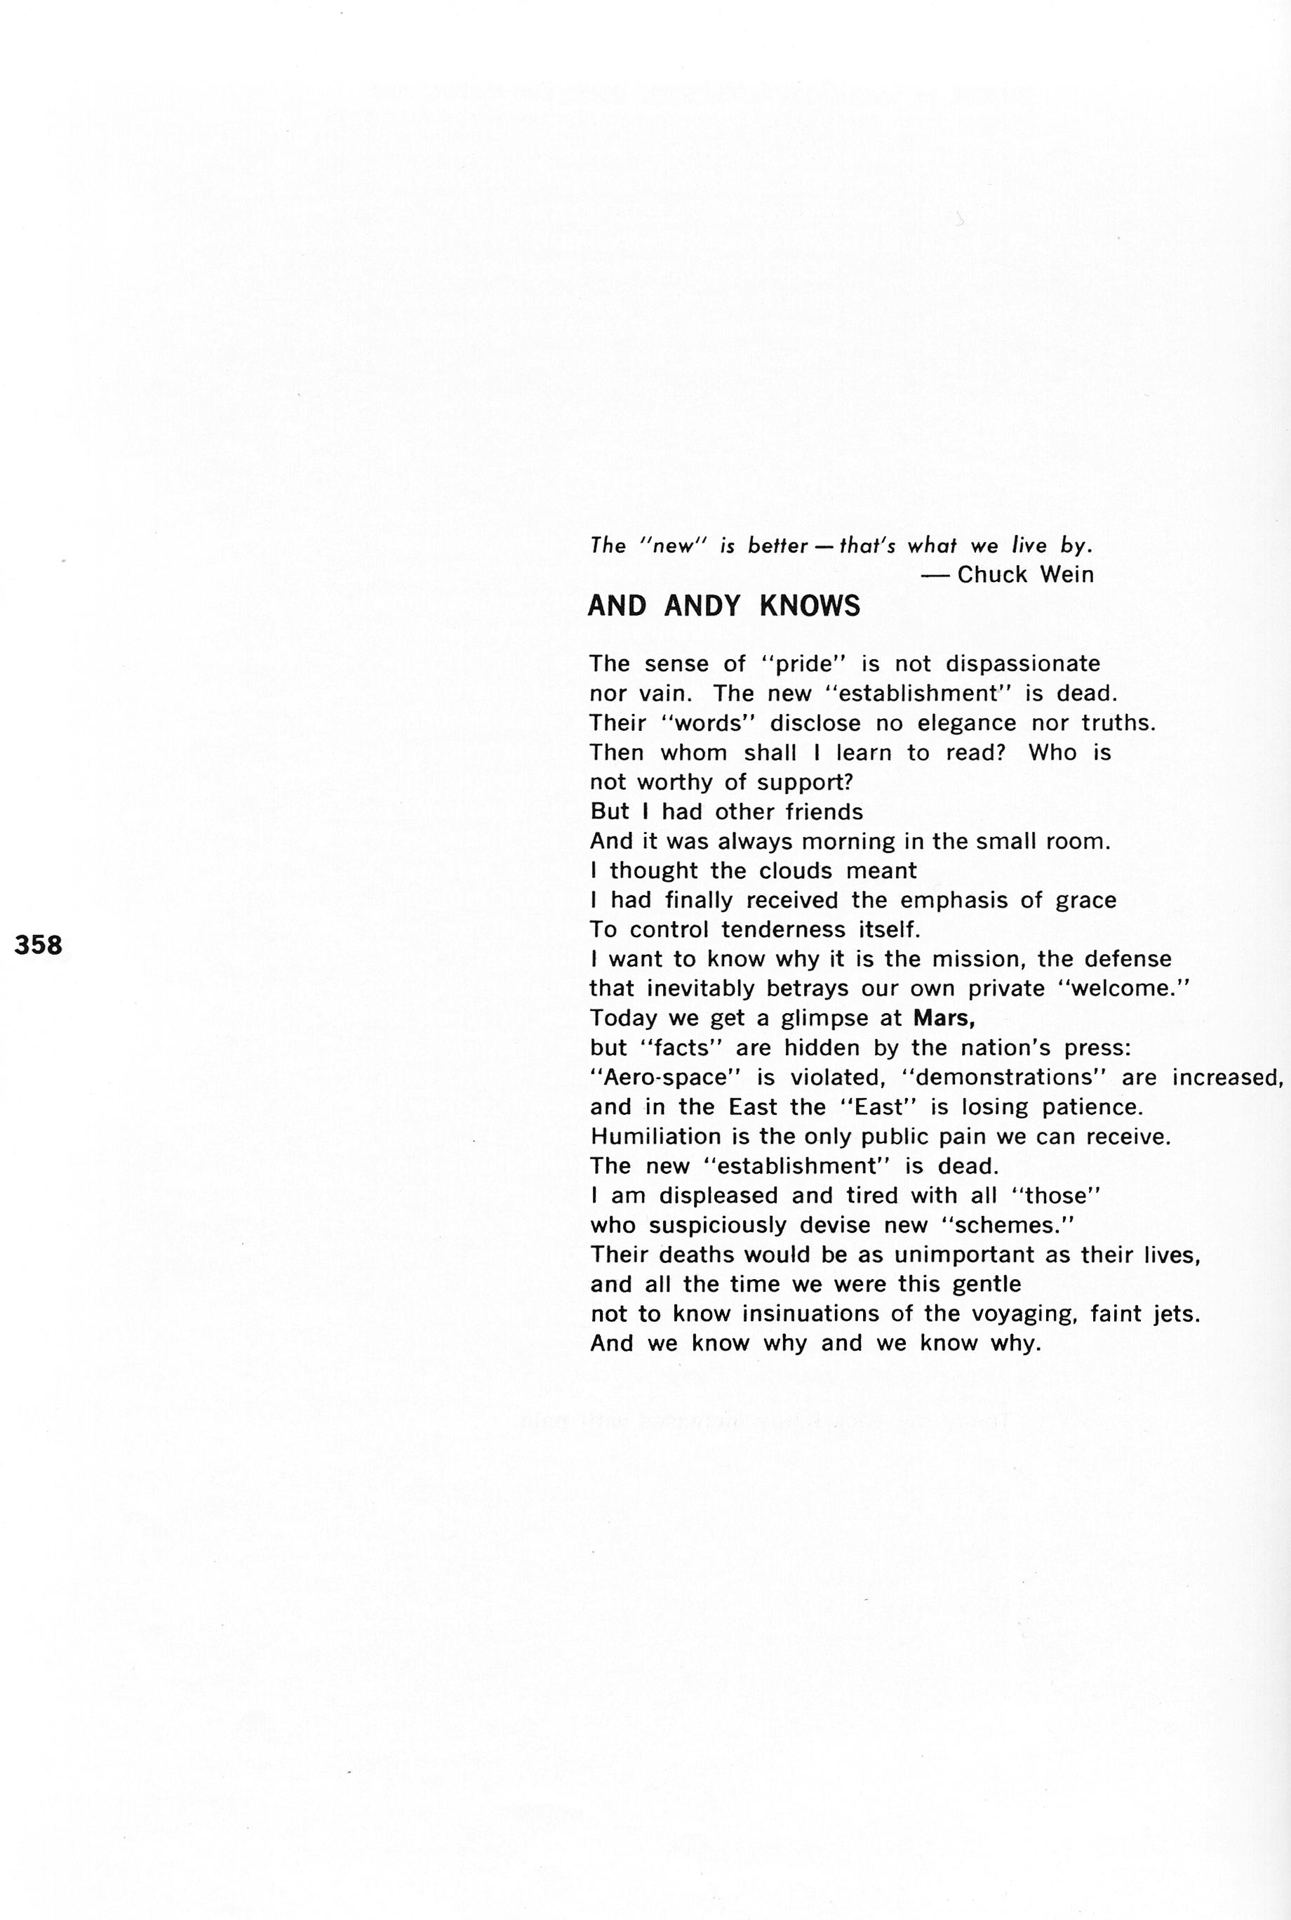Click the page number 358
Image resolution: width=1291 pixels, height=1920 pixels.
click(x=39, y=946)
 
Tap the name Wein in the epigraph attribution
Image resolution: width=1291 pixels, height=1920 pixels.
click(x=1068, y=574)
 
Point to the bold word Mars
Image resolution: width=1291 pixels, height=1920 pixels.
click(x=944, y=1018)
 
